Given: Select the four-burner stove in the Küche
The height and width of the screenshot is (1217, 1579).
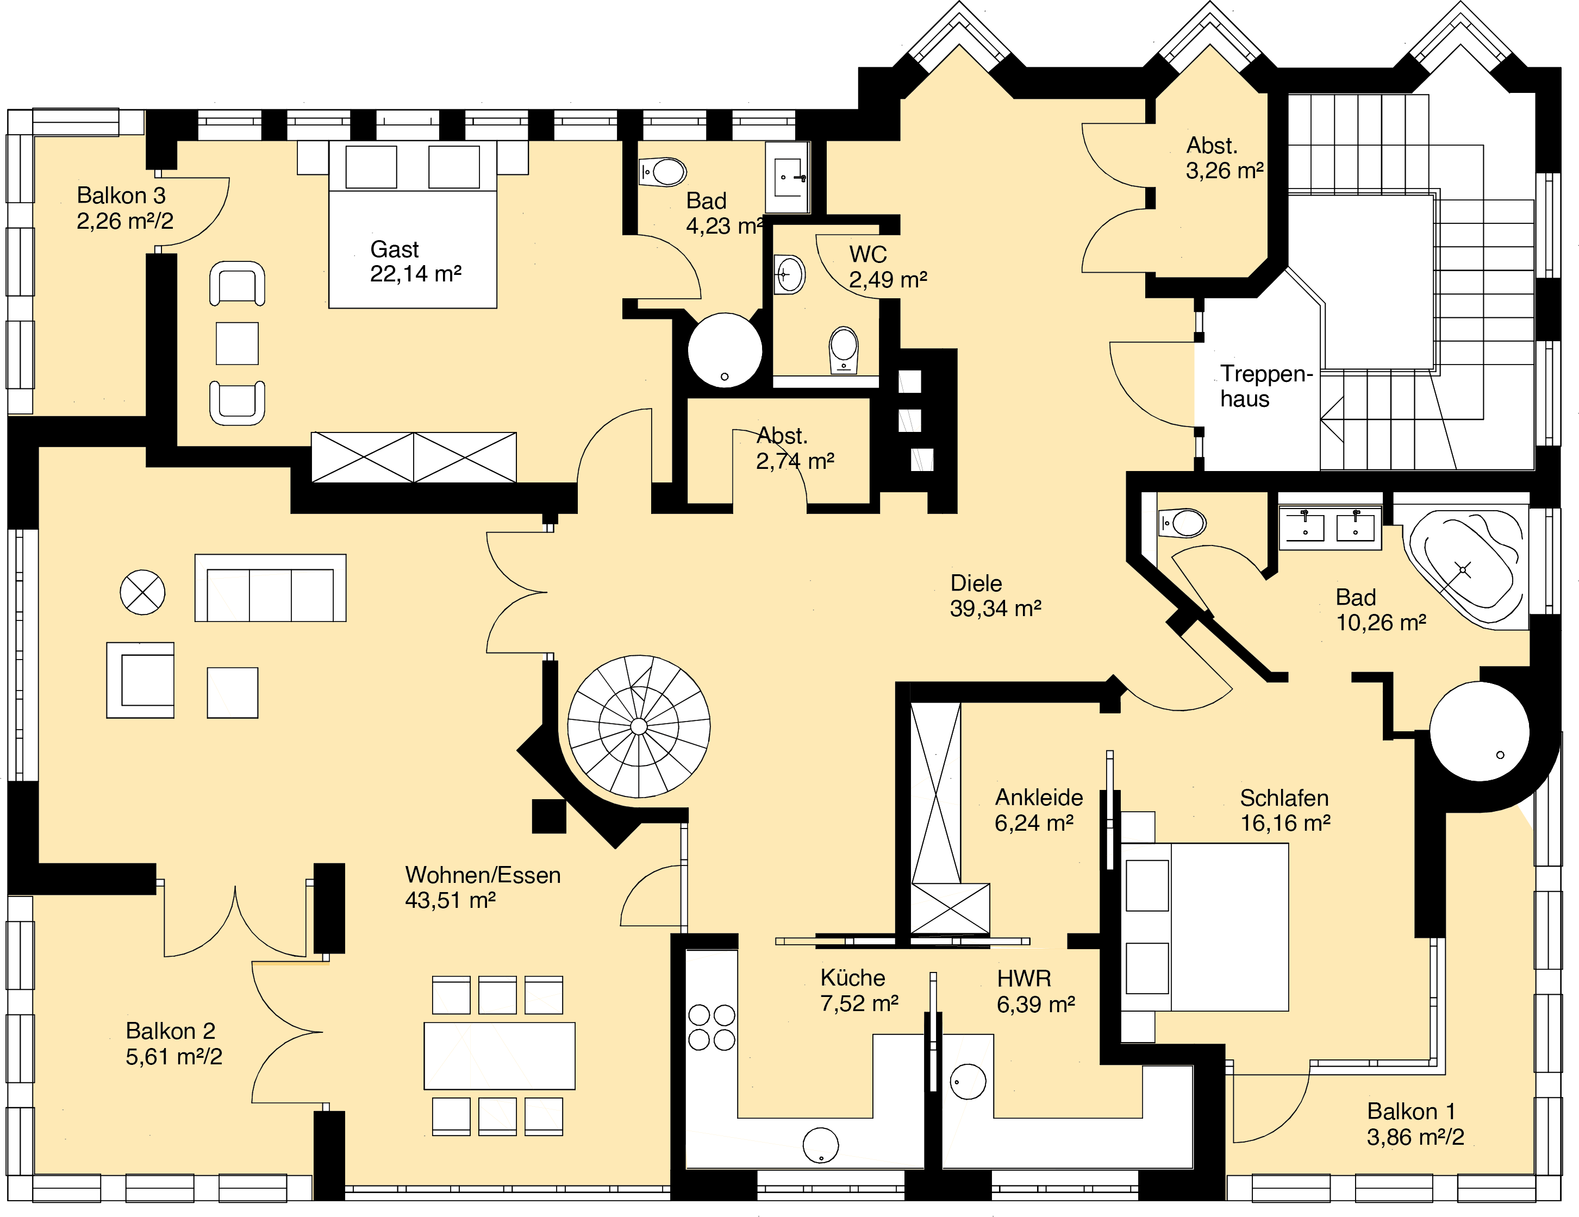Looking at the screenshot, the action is click(712, 1027).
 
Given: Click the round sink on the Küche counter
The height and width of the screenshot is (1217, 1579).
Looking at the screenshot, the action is click(821, 1145).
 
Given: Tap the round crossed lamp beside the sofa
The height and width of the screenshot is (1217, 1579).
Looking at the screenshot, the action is click(142, 593).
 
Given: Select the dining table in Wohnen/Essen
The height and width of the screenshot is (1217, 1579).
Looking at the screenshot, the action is click(500, 1055).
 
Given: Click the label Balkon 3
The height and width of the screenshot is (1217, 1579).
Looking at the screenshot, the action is click(121, 195).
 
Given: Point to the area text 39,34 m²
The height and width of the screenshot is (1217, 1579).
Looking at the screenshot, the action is click(996, 608).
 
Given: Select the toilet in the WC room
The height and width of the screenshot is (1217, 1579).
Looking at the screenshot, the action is click(843, 350).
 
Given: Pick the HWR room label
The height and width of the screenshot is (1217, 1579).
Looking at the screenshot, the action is click(1023, 978).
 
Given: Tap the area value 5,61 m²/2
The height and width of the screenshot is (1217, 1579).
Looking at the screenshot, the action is click(173, 1057).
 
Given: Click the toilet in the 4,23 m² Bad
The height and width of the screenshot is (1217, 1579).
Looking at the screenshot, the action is click(663, 173).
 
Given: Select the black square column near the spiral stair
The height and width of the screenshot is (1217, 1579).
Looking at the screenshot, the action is click(549, 816).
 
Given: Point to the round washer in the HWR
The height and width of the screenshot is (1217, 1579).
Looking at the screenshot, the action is click(968, 1082).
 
